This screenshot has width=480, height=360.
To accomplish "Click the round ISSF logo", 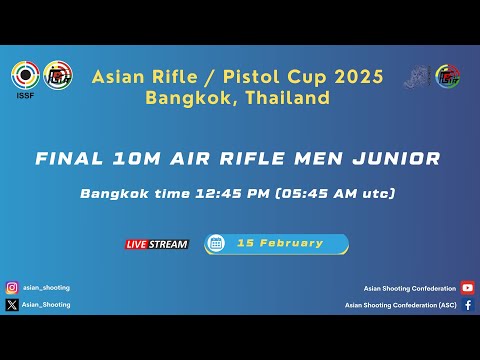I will point(25,75).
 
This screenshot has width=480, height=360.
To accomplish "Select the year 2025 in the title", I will point(356,77).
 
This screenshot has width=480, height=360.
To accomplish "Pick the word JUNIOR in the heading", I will point(399,159).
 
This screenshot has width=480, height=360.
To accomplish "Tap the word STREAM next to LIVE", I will point(169,244).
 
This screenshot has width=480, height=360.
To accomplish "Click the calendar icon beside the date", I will point(215,243).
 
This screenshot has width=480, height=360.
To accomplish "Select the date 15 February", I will point(280,243).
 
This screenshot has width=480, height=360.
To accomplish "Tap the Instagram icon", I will point(12,288).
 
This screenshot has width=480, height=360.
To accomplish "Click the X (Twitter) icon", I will point(12,305).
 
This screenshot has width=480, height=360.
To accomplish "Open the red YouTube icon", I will point(468,288).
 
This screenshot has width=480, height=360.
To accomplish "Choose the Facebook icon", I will point(468,305).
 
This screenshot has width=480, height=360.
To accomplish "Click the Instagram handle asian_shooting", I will point(46,288).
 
